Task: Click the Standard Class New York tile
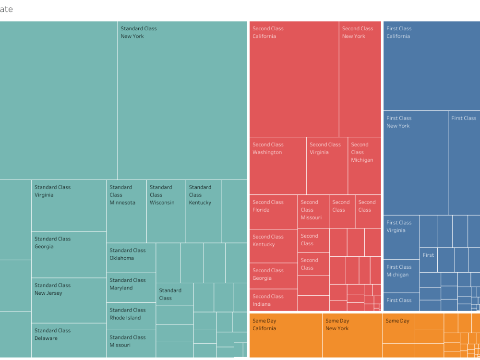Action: (182, 101)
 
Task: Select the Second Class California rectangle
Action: (294, 79)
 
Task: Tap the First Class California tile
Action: (431, 66)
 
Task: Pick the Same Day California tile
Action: (286, 335)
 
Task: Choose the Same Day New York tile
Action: (352, 335)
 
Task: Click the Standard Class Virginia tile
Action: (69, 206)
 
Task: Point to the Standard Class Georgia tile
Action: (69, 254)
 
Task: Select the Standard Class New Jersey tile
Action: (69, 300)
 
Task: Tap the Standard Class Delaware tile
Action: (69, 340)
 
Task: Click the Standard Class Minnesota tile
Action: (126, 211)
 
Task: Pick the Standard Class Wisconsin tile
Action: (166, 211)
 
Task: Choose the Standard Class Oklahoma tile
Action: (131, 258)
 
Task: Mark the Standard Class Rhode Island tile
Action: (131, 316)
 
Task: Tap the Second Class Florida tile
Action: (273, 212)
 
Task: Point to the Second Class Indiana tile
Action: (273, 300)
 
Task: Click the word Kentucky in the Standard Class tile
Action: (200, 203)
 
